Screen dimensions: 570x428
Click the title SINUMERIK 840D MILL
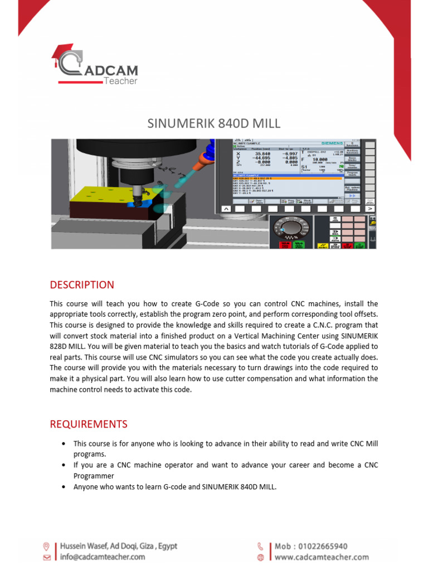point(213,123)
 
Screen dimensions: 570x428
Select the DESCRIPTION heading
point(82,285)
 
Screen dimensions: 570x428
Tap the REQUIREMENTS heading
point(89,424)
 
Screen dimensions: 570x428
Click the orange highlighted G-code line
point(287,178)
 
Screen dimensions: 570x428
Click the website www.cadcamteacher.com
point(321,557)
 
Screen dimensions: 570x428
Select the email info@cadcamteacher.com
point(103,557)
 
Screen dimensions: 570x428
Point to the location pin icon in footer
point(46,547)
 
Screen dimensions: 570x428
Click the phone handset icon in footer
point(260,547)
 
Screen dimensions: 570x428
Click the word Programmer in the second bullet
point(94,476)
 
